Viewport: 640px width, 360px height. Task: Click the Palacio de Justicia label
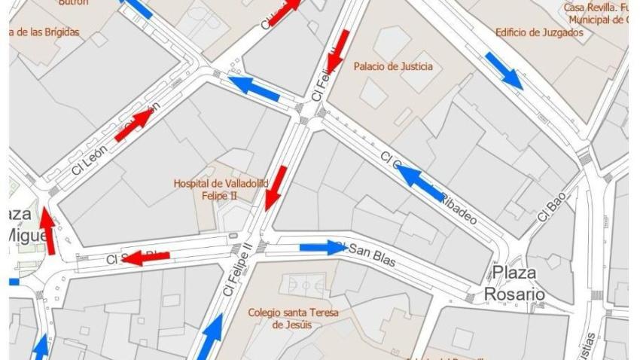click(x=393, y=66)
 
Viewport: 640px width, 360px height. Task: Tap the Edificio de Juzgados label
click(x=539, y=32)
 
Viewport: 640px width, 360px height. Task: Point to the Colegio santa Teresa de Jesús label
click(x=294, y=318)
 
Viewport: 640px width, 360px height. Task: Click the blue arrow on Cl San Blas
click(x=322, y=247)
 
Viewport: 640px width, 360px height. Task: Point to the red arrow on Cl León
click(x=133, y=127)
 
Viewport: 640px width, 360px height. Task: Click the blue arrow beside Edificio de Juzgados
click(x=504, y=69)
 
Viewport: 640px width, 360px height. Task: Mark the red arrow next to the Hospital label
click(x=276, y=188)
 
